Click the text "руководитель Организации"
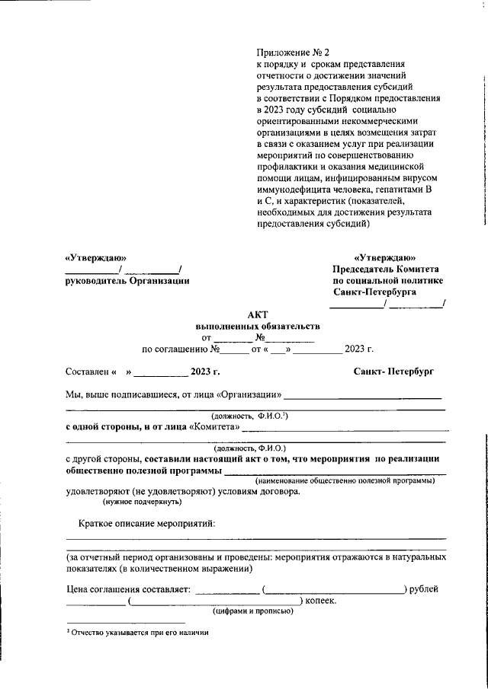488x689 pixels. (x=127, y=280)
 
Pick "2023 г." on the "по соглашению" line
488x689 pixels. (x=358, y=349)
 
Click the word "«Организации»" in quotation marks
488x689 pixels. (x=249, y=395)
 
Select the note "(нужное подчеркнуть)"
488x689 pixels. (x=143, y=502)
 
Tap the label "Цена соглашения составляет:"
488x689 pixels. (x=127, y=589)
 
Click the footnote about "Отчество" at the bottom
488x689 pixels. (x=137, y=632)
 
